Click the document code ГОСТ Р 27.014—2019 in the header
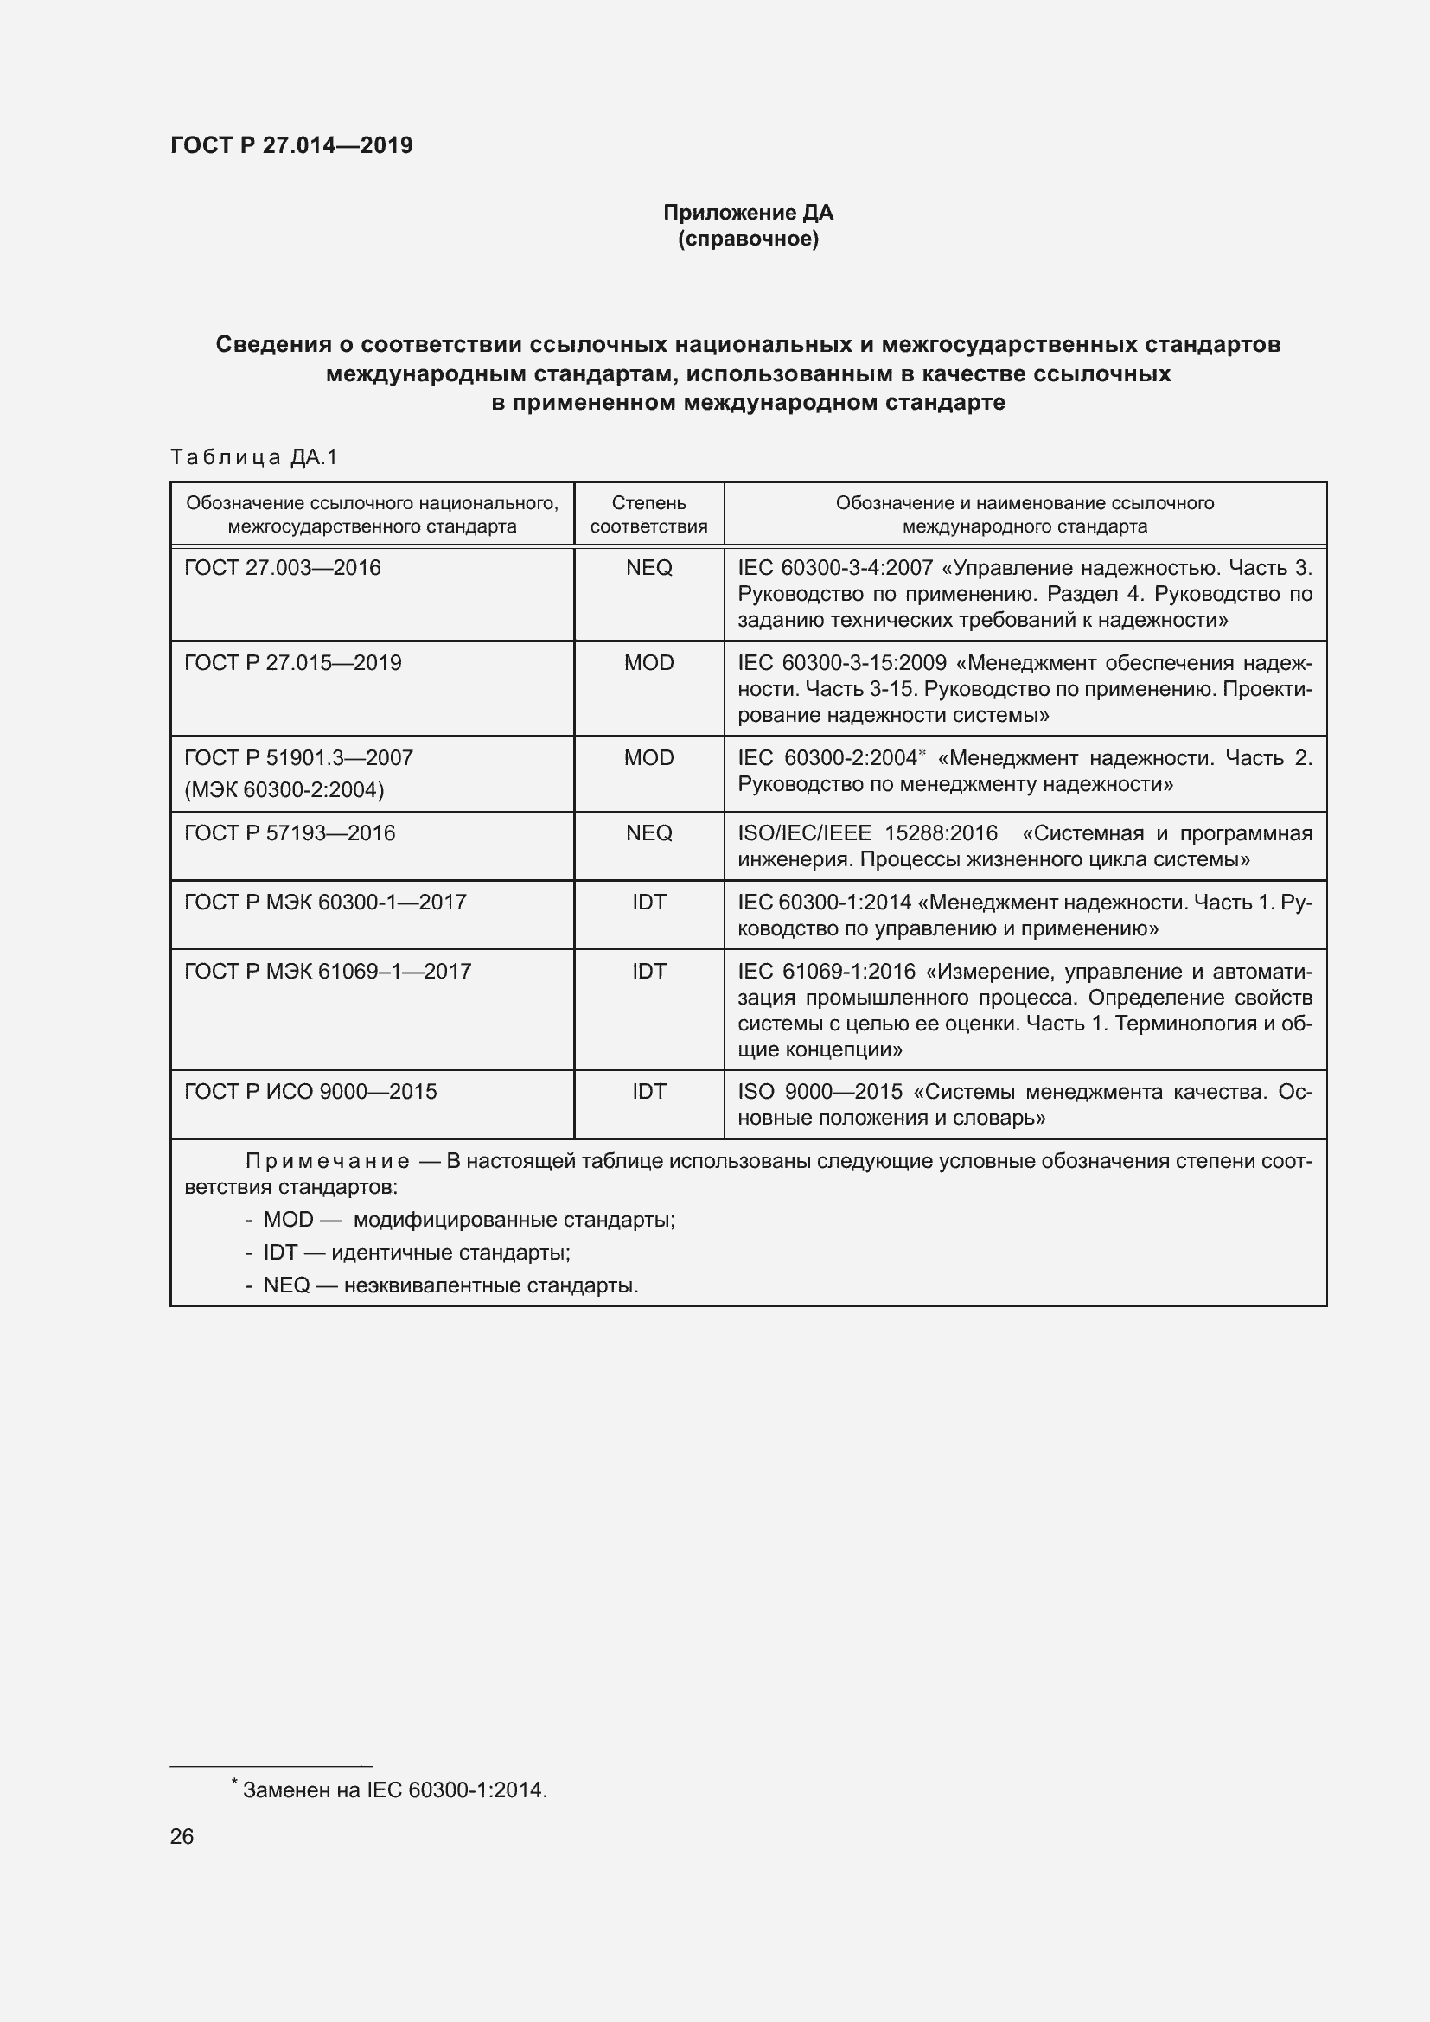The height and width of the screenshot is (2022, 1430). (291, 145)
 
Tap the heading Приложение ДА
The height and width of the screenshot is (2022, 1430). (748, 213)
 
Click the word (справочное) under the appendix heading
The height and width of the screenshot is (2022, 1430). (748, 239)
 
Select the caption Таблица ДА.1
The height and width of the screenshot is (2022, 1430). (253, 456)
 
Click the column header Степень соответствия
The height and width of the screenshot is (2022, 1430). (648, 514)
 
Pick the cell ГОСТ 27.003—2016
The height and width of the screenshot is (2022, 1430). (283, 567)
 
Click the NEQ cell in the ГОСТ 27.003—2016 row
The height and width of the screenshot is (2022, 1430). (648, 567)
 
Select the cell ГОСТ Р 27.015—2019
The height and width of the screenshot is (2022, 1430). (292, 662)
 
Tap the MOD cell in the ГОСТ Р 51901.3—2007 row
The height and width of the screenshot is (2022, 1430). (648, 757)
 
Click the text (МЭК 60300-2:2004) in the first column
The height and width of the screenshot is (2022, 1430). (284, 790)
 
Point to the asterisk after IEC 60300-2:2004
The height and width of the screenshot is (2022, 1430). (922, 753)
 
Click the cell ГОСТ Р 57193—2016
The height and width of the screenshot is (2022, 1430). (290, 832)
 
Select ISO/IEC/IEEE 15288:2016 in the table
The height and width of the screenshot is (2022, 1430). (867, 833)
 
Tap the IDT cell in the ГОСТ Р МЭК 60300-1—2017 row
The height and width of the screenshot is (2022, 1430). (648, 902)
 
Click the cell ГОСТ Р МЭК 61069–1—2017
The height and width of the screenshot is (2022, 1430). (328, 971)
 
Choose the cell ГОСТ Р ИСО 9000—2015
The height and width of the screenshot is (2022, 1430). (310, 1091)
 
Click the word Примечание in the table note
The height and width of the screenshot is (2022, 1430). (327, 1161)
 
